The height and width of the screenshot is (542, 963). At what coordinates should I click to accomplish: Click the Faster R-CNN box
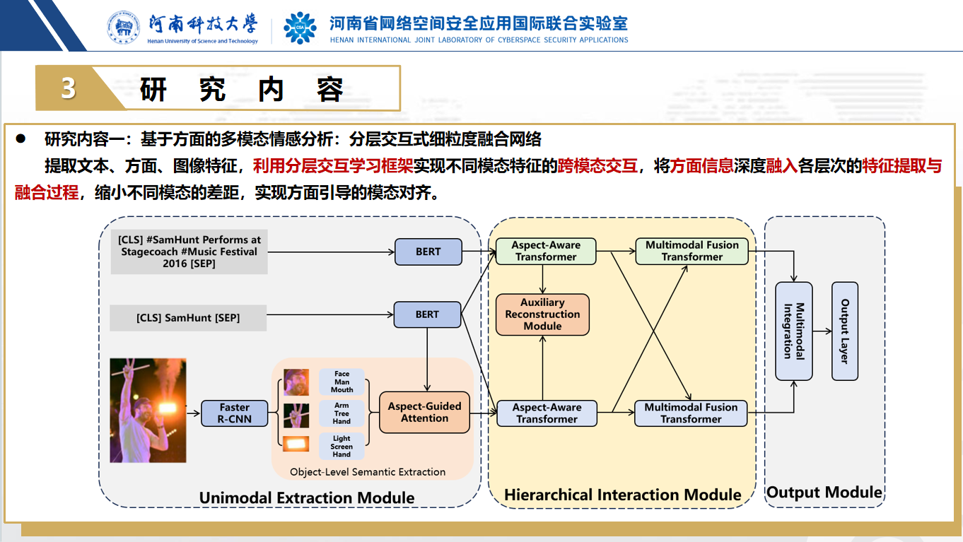pyautogui.click(x=235, y=413)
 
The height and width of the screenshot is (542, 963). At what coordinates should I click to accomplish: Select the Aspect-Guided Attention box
pyautogui.click(x=424, y=412)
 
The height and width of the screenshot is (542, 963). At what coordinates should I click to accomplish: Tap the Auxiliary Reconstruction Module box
pyautogui.click(x=542, y=314)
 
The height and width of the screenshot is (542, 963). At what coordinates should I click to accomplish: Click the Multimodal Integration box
pyautogui.click(x=794, y=331)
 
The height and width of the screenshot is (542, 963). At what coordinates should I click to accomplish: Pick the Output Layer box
pyautogui.click(x=844, y=331)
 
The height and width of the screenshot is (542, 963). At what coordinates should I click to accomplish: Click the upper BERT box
pyautogui.click(x=428, y=252)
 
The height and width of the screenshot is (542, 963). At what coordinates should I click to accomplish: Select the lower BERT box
pyautogui.click(x=427, y=314)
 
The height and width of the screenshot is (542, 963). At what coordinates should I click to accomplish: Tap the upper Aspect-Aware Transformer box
pyautogui.click(x=546, y=251)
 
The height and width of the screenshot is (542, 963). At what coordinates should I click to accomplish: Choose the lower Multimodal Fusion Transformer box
pyautogui.click(x=691, y=413)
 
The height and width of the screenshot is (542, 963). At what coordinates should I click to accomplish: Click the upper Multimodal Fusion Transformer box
pyautogui.click(x=691, y=251)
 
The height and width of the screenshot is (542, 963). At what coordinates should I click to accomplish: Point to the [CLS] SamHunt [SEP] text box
pyautogui.click(x=188, y=318)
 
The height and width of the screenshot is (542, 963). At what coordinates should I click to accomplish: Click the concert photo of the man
pyautogui.click(x=148, y=410)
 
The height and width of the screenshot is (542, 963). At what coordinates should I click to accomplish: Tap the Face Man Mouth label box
pyautogui.click(x=342, y=382)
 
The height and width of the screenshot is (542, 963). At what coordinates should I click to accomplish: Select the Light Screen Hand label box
pyautogui.click(x=342, y=446)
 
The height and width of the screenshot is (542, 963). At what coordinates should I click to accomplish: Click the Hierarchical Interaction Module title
pyautogui.click(x=622, y=495)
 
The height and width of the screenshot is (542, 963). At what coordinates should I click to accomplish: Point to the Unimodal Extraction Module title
pyautogui.click(x=307, y=497)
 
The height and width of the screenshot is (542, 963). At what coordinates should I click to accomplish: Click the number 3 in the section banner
pyautogui.click(x=68, y=88)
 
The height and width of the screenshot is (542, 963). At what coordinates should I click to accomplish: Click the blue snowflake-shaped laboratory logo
pyautogui.click(x=300, y=28)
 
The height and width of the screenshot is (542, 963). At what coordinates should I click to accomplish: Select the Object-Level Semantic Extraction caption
pyautogui.click(x=368, y=471)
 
